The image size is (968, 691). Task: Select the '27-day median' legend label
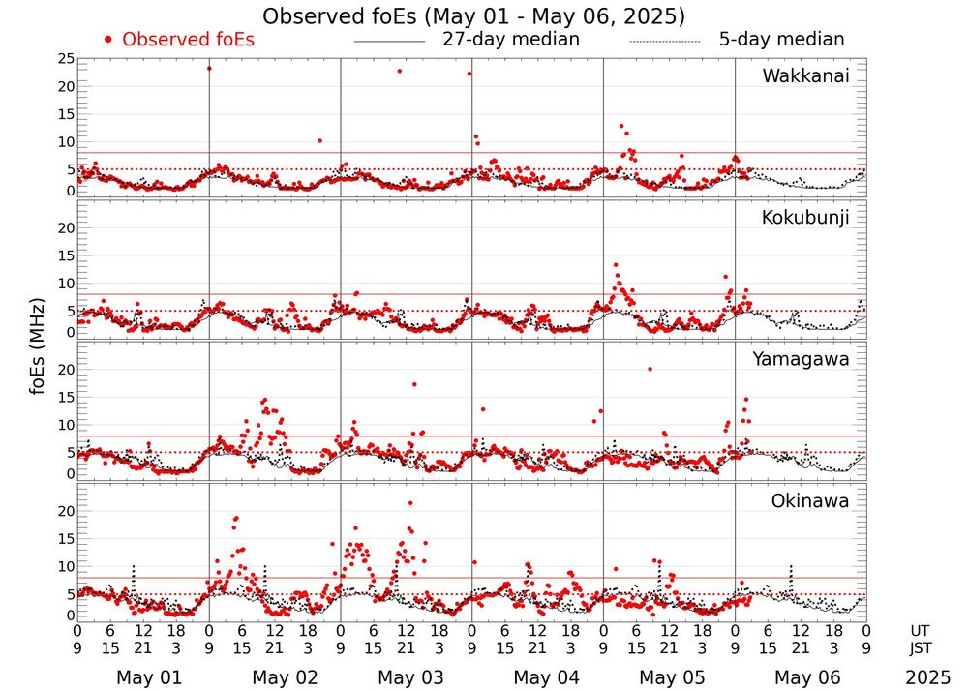click(x=510, y=40)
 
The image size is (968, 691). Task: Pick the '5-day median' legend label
click(x=781, y=40)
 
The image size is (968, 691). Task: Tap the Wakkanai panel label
click(x=805, y=75)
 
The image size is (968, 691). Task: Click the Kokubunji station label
click(x=805, y=218)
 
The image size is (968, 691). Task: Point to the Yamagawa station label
click(x=802, y=359)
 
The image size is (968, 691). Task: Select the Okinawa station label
click(x=810, y=501)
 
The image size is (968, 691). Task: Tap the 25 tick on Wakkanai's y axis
click(x=65, y=59)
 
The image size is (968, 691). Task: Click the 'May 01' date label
click(x=142, y=677)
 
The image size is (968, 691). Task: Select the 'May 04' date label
click(x=539, y=677)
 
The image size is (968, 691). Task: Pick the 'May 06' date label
click(x=804, y=677)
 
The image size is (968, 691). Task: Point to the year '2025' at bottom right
click(x=928, y=677)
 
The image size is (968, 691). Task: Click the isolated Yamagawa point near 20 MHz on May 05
click(x=650, y=369)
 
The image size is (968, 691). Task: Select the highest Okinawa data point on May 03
click(x=410, y=503)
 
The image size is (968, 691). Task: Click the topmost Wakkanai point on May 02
click(x=209, y=68)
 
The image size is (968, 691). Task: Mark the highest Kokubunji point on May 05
click(x=615, y=265)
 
